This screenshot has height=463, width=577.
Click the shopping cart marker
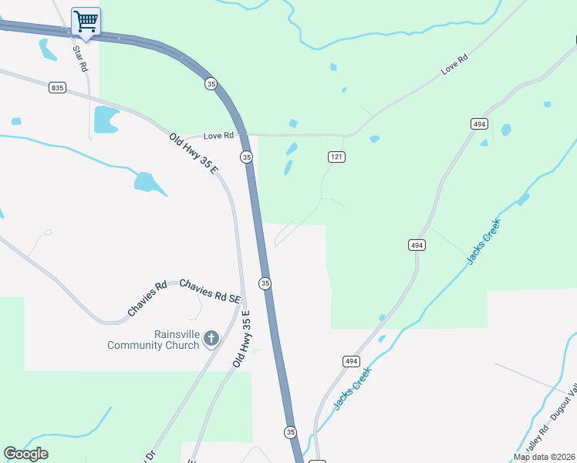(x=86, y=21)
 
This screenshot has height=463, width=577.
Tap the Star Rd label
(x=79, y=58)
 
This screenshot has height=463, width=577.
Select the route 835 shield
(x=58, y=88)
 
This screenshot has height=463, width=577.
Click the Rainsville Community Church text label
(x=154, y=340)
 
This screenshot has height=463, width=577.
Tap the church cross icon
(x=211, y=338)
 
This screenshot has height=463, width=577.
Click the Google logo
(x=25, y=454)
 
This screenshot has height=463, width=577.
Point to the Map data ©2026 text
(x=544, y=457)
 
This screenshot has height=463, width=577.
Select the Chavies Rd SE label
(x=211, y=291)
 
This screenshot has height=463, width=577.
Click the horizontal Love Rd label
(x=218, y=136)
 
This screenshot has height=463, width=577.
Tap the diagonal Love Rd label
(x=455, y=64)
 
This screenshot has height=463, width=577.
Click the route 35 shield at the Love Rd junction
(x=246, y=157)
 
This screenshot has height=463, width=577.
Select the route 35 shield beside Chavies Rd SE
(x=265, y=283)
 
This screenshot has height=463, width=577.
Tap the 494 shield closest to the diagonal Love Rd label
(x=479, y=123)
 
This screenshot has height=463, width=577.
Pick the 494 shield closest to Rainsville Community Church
(x=350, y=361)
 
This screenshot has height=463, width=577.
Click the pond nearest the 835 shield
(x=106, y=119)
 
